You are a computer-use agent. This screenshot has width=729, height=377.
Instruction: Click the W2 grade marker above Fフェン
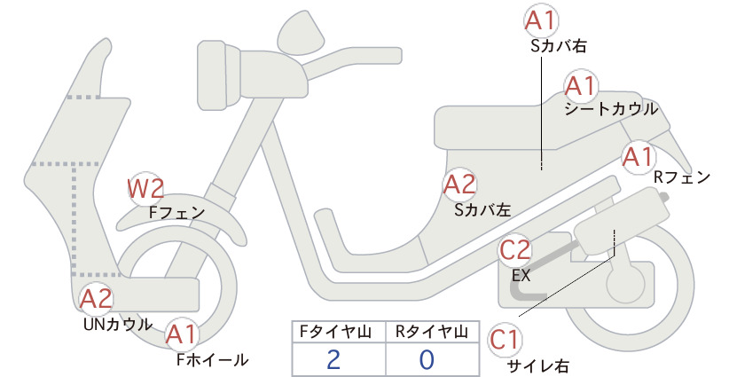[x=145, y=189]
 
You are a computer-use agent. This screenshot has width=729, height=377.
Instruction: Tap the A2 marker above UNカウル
[x=97, y=298]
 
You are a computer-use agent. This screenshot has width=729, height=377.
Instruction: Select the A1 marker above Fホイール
[x=182, y=334]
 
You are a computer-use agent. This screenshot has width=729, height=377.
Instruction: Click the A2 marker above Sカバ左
[x=459, y=185]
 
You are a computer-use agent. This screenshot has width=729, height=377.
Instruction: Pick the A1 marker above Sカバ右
[x=541, y=21]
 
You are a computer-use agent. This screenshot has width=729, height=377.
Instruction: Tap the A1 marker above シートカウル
[x=581, y=86]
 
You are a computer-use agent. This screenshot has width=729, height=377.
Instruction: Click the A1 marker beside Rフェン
[x=639, y=157]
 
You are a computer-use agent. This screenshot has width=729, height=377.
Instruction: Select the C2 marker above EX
[x=514, y=250]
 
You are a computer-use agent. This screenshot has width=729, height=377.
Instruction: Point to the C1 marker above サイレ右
[x=505, y=340]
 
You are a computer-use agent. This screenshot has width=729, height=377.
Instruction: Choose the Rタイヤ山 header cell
[x=433, y=332]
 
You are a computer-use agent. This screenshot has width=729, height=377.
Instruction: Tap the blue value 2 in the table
[x=333, y=359]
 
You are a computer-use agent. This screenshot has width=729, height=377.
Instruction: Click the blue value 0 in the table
[x=427, y=359]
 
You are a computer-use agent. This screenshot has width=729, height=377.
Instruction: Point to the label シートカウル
[x=611, y=109]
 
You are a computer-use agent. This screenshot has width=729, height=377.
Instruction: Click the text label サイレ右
[x=538, y=365]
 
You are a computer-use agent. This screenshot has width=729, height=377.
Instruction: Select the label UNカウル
[x=118, y=324]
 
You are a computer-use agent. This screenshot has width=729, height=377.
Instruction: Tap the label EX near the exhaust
[x=521, y=276]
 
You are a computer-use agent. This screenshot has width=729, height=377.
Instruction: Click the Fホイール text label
[x=213, y=359]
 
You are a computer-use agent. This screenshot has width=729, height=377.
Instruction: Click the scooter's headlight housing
[x=219, y=74]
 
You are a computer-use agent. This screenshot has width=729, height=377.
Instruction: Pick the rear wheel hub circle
[x=626, y=283]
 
